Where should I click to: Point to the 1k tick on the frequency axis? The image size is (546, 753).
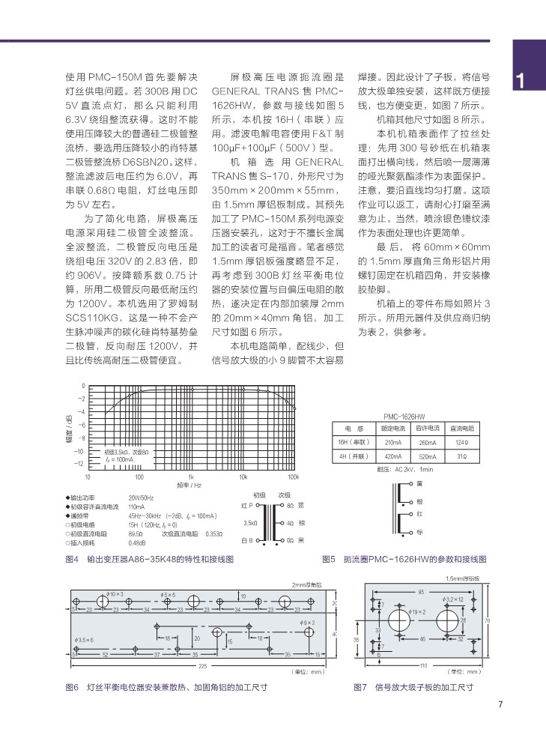[x=191, y=477]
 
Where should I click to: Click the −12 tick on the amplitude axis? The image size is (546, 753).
[x=80, y=465]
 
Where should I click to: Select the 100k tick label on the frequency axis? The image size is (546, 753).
[x=292, y=477]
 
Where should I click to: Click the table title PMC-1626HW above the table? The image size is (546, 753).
[x=404, y=416]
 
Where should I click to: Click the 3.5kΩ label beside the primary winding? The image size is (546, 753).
[x=250, y=522]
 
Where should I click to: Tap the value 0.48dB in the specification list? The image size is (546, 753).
[x=136, y=543]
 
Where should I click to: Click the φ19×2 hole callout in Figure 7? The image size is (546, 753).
[x=418, y=613]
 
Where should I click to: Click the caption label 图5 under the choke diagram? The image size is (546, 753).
[x=327, y=559]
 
